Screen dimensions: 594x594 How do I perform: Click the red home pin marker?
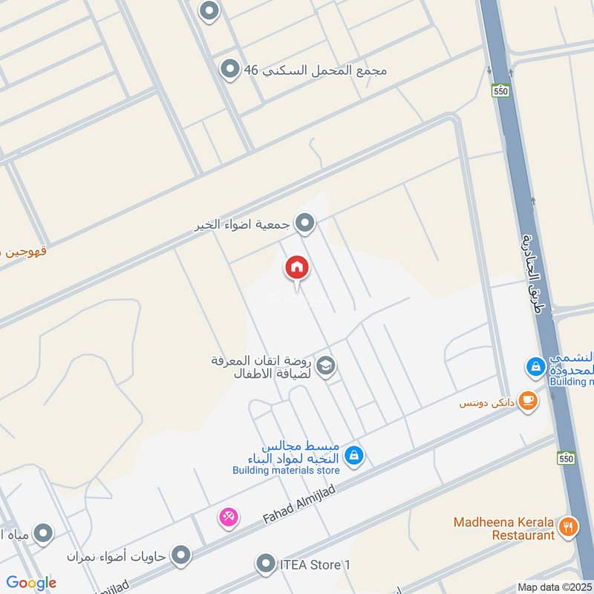(297, 268)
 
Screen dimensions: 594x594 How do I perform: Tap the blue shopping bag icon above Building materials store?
(354, 454)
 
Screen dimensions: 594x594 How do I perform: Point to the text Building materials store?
(286, 470)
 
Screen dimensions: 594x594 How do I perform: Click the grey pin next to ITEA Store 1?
(265, 565)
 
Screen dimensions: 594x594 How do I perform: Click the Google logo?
(31, 583)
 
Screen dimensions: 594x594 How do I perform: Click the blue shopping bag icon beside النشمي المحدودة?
(535, 366)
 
